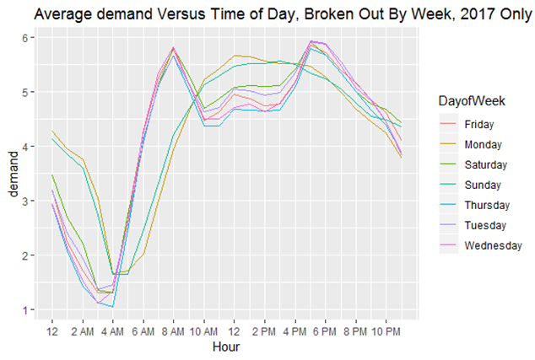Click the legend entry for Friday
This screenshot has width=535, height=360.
coord(479,125)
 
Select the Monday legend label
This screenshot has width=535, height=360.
coord(483,144)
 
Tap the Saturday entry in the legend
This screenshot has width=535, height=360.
coord(486,164)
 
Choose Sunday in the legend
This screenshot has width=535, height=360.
coord(483,185)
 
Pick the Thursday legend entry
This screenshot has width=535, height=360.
coord(487,205)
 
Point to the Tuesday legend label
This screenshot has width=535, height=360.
coord(485,225)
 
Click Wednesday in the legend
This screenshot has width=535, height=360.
coord(493,245)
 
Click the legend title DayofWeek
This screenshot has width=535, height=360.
coord(472,101)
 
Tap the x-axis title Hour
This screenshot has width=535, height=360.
coord(226,347)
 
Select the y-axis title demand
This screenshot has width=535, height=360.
coord(13,175)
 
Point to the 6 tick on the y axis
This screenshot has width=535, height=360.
coord(25,37)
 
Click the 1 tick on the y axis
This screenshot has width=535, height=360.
coord(25,310)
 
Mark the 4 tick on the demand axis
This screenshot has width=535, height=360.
coord(25,147)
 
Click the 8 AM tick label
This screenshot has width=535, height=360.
coord(173,331)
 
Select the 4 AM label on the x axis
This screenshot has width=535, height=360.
coord(112,331)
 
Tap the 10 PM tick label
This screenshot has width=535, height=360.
coord(386,331)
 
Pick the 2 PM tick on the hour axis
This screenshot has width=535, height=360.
coord(264,331)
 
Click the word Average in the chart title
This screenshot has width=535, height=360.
coord(58,14)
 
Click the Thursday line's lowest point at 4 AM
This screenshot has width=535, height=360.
coord(112,307)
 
